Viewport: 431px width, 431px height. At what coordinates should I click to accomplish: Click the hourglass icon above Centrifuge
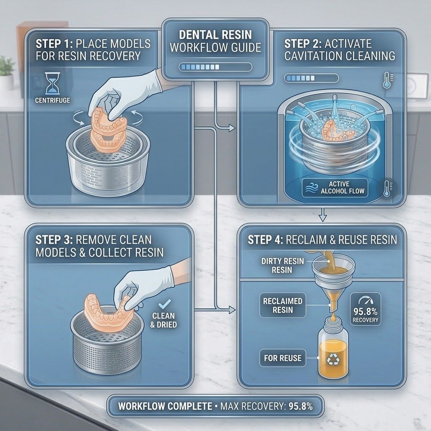pyautogui.click(x=52, y=84)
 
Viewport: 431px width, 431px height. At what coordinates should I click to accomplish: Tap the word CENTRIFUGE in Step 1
pyautogui.click(x=53, y=100)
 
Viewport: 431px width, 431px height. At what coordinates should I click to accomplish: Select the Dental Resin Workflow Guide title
pyautogui.click(x=215, y=41)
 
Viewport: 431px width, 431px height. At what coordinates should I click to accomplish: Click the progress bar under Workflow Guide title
pyautogui.click(x=215, y=67)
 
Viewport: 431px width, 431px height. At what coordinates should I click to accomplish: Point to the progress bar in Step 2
pyautogui.click(x=311, y=78)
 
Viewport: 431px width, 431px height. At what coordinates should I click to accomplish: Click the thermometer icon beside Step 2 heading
pyautogui.click(x=387, y=80)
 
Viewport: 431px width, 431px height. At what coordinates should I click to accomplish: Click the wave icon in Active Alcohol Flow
pyautogui.click(x=311, y=188)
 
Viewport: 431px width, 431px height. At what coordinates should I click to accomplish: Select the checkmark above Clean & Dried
pyautogui.click(x=165, y=304)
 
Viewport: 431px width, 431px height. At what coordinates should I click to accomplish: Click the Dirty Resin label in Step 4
pyautogui.click(x=282, y=265)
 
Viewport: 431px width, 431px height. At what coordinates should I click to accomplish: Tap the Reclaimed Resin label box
pyautogui.click(x=282, y=306)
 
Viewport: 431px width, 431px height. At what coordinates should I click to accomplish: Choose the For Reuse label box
pyautogui.click(x=282, y=358)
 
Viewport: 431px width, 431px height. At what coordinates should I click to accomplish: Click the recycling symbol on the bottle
pyautogui.click(x=333, y=359)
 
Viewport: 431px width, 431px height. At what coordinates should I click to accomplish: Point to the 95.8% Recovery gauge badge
pyautogui.click(x=365, y=309)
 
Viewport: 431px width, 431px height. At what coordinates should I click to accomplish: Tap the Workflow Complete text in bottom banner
pyautogui.click(x=165, y=406)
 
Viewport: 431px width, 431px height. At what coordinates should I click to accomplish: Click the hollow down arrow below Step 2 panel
pyautogui.click(x=322, y=214)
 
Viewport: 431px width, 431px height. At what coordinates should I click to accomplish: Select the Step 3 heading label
pyautogui.click(x=99, y=246)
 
